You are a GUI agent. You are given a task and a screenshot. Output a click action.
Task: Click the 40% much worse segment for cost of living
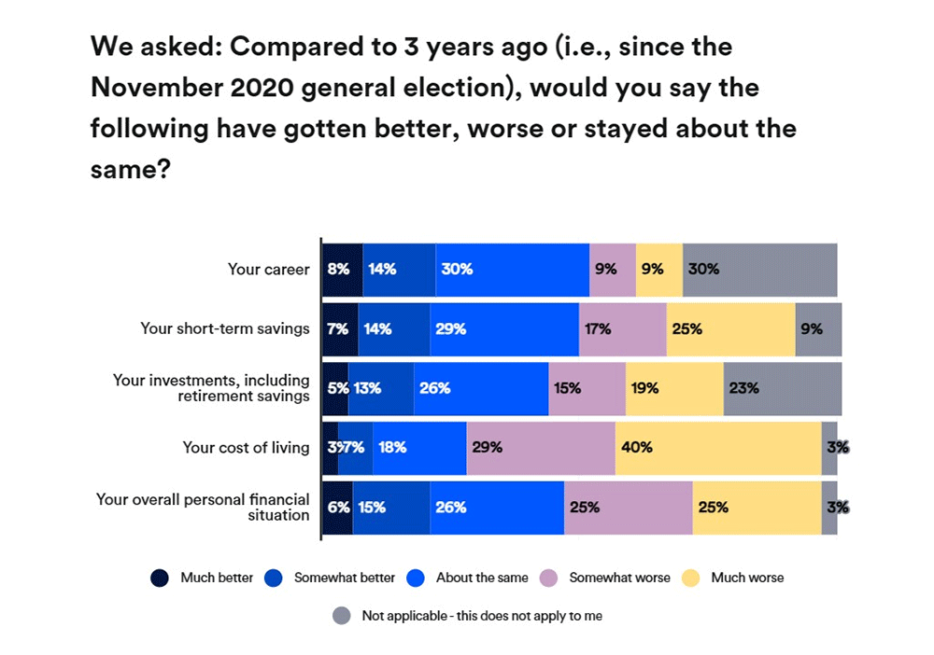coord(717,448)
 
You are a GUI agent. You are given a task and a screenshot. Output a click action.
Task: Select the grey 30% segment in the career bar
coord(759,270)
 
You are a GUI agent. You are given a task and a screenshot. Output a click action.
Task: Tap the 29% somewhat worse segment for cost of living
coord(540,448)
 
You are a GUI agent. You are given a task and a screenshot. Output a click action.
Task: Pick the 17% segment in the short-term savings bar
coord(622,329)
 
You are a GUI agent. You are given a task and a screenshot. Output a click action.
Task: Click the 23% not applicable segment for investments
coord(782,388)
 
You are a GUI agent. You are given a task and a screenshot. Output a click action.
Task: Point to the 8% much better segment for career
coord(342,270)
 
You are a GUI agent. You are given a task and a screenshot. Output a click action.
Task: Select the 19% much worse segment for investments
coord(673,388)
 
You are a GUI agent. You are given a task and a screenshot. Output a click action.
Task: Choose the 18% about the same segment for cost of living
coord(418,448)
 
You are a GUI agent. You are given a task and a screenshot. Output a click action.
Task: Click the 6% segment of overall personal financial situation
coord(337,508)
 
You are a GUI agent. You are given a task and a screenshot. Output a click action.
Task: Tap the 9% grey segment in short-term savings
coord(817,329)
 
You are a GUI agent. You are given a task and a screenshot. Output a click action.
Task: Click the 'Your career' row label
coord(268,270)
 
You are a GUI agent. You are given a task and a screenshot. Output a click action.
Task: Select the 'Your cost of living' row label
coord(246,448)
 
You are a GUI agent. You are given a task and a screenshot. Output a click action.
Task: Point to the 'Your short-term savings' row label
coord(224,328)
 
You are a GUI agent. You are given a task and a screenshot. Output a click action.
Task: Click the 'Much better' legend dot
coord(160,578)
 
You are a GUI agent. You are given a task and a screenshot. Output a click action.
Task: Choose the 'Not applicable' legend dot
coord(342,616)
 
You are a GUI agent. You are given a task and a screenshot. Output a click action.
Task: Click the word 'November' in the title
coord(160,87)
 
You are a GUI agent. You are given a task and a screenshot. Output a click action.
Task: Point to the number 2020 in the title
coord(273,87)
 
